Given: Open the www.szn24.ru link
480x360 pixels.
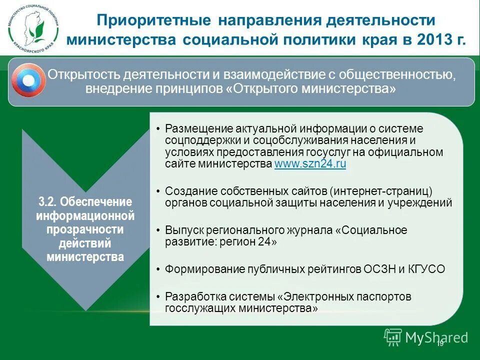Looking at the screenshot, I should (x=310, y=164).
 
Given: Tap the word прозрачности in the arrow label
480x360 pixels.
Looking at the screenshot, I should (x=85, y=229).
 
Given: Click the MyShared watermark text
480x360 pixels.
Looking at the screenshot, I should (x=436, y=338).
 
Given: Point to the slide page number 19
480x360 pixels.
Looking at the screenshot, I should (x=440, y=344).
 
